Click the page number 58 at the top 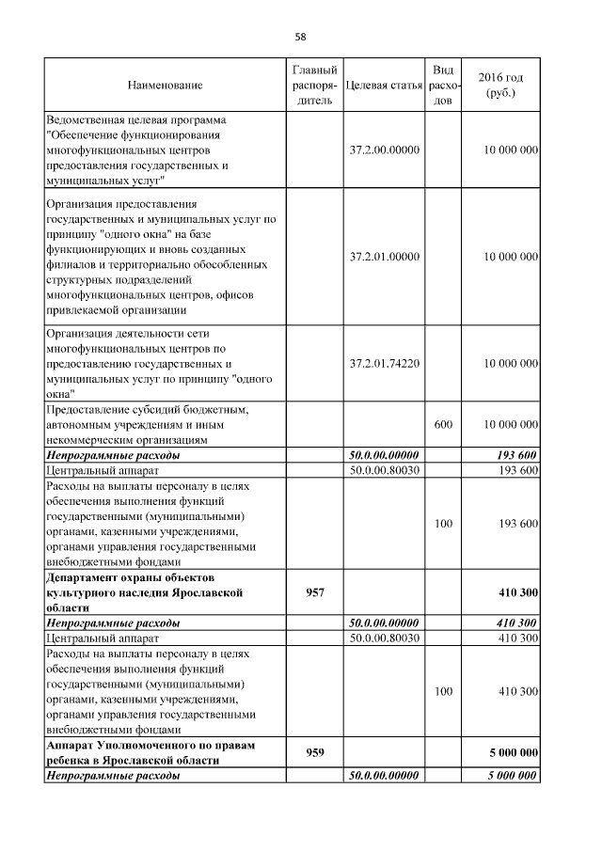coord(301,37)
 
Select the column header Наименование coord(165,86)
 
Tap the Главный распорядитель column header coord(309,86)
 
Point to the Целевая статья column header coord(383,86)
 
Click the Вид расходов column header coord(443,86)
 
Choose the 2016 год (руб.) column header coord(501,86)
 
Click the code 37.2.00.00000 coord(384,150)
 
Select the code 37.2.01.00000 coord(384,257)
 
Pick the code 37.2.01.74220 coord(384,363)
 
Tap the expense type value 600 coord(443,425)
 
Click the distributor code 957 coord(309,593)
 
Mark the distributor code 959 coord(309,752)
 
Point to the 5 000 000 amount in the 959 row coord(513,752)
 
